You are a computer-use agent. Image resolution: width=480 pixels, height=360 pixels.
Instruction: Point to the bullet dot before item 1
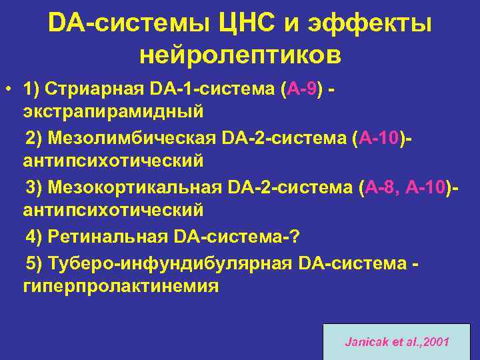[x=9, y=89]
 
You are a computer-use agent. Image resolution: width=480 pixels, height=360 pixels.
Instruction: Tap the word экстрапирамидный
[x=113, y=108]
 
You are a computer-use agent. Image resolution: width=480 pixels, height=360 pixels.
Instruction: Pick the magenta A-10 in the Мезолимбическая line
[x=380, y=138]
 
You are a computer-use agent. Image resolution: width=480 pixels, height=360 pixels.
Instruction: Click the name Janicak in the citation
[x=364, y=342]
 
